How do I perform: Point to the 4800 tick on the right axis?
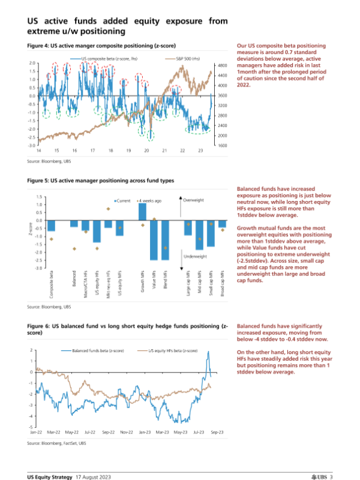(221, 65)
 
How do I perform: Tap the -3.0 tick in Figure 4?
(31, 145)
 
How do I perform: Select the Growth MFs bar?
(142, 212)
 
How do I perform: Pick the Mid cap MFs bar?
(200, 235)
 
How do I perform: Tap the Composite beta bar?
(52, 226)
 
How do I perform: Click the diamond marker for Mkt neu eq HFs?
(108, 209)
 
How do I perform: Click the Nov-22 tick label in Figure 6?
(126, 431)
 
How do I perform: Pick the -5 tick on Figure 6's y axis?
(31, 427)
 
